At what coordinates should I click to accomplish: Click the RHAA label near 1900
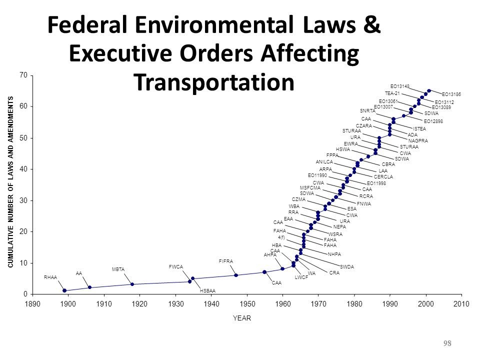tap(51, 277)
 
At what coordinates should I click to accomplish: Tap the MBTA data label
tap(118, 269)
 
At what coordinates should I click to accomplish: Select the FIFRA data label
tap(226, 261)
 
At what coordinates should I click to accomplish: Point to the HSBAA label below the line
tap(207, 290)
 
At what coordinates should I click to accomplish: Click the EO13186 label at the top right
tap(451, 94)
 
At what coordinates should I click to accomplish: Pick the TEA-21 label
tap(392, 93)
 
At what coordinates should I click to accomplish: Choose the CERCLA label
tap(383, 176)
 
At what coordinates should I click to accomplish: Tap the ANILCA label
tap(324, 161)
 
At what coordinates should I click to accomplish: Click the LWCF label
tap(301, 276)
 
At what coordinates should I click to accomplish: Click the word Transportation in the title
tap(213, 82)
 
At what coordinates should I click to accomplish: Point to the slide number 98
tap(447, 343)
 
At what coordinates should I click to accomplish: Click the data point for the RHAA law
tap(64, 290)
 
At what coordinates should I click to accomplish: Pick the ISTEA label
tap(419, 128)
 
